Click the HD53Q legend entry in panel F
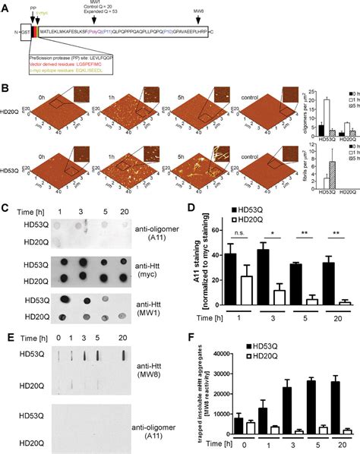point(251,347)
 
